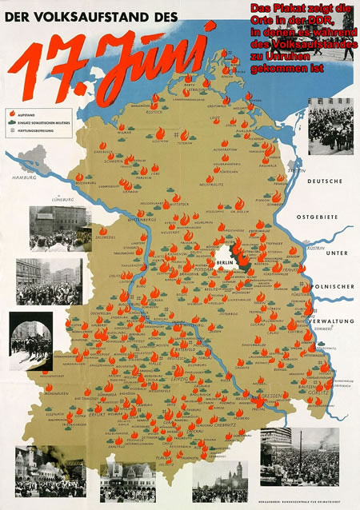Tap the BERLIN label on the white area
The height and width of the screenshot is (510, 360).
tap(225, 261)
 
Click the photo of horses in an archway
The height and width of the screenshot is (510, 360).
tap(31, 339)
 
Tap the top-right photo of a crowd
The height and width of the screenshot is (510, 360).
tap(330, 126)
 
